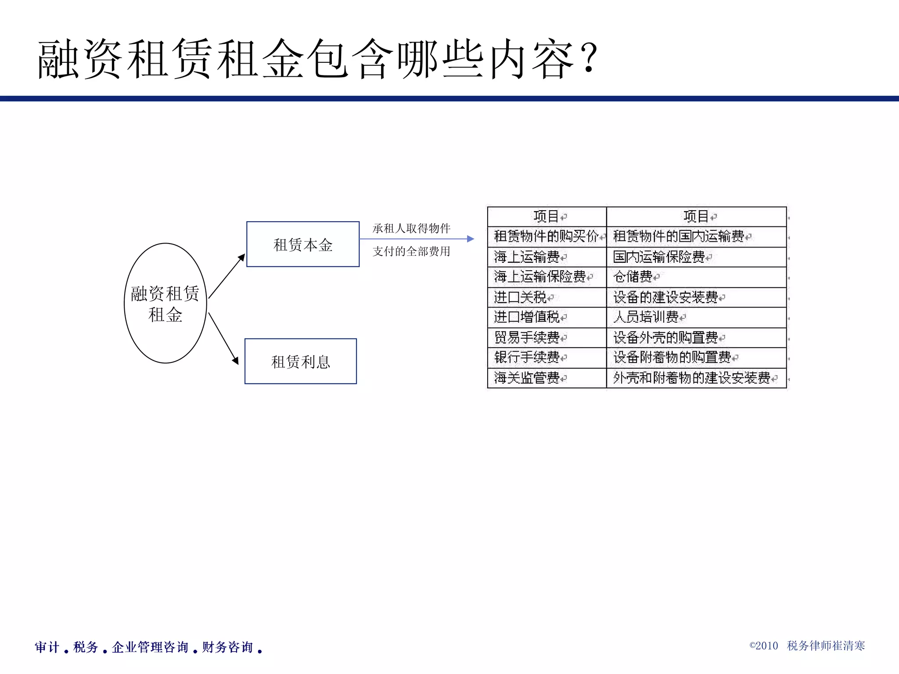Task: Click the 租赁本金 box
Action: coord(303,244)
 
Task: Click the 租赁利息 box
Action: coord(301,362)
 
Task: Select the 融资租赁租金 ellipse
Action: coord(165,303)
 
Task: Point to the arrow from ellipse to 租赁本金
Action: coord(227,276)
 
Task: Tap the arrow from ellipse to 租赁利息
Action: coord(223,338)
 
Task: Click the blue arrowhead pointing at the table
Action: coord(470,239)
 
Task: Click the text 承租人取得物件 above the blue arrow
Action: coord(411,228)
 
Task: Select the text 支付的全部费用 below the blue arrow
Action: coord(411,251)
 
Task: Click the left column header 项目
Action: coord(546,216)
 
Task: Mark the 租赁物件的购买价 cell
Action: coord(546,237)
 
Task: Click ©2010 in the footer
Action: coord(763,645)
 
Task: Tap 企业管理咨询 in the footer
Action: coord(150,647)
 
